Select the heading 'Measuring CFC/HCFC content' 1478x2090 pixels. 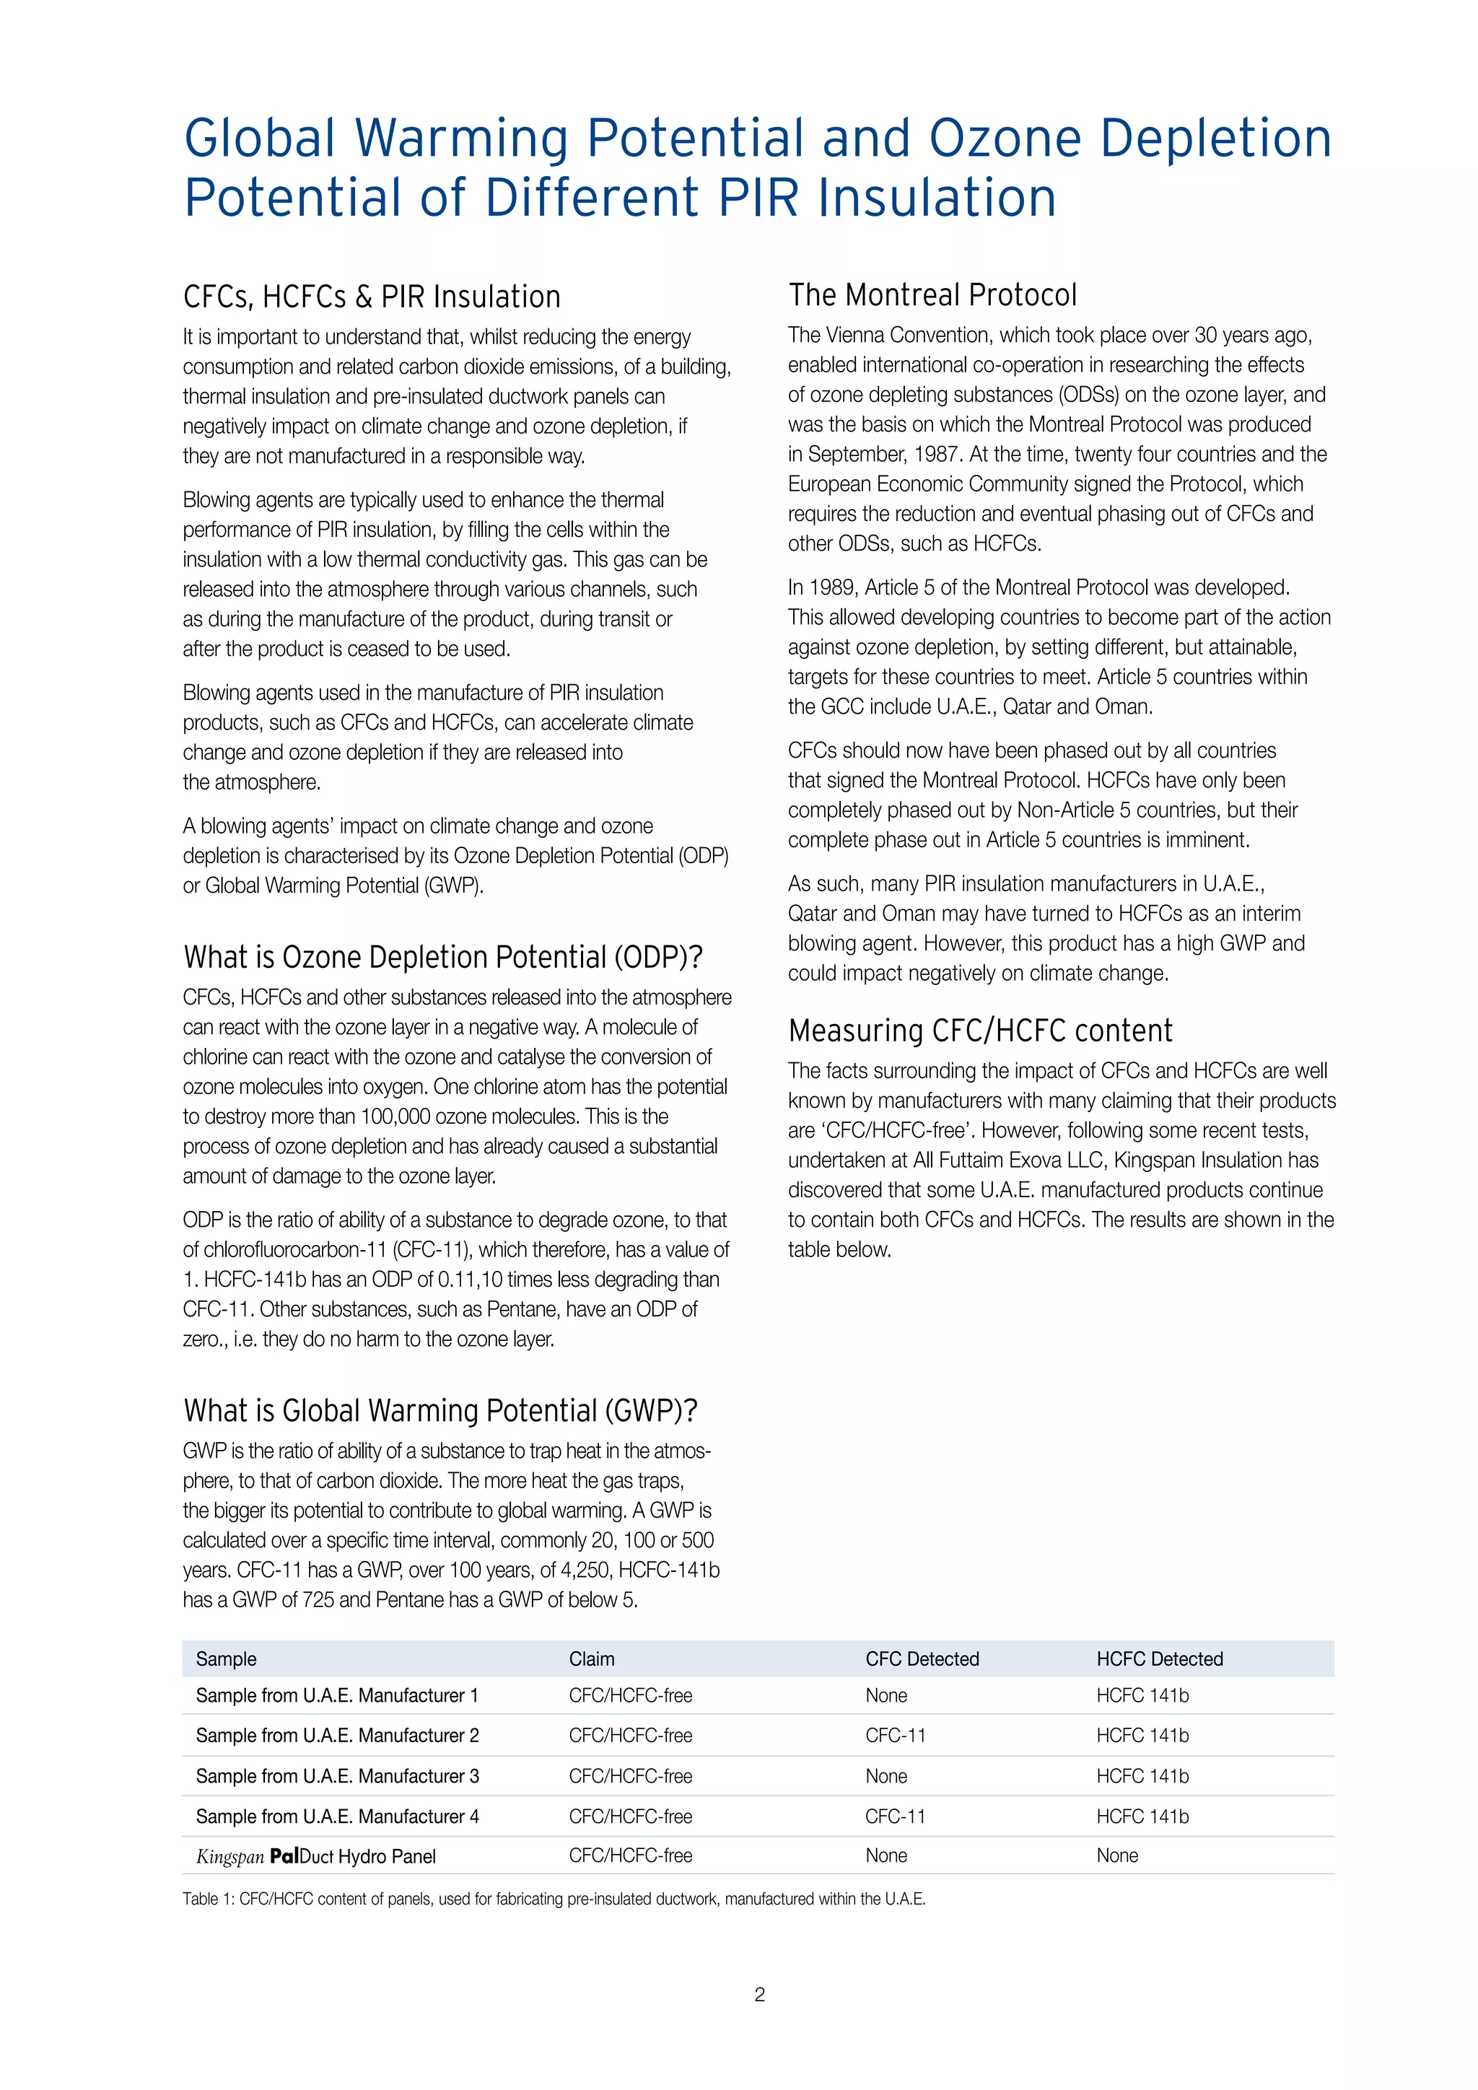pyautogui.click(x=980, y=1031)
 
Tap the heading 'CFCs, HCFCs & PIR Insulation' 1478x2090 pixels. pyautogui.click(x=372, y=297)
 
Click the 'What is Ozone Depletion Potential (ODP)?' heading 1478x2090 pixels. pyautogui.click(x=442, y=958)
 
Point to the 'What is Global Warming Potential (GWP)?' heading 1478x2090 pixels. pyautogui.click(x=440, y=1411)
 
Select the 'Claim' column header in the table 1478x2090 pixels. pyautogui.click(x=592, y=1659)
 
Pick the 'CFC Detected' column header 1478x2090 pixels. pyautogui.click(x=922, y=1659)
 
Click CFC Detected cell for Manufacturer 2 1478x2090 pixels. pyautogui.click(x=895, y=1736)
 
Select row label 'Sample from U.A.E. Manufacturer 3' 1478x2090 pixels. pyautogui.click(x=337, y=1776)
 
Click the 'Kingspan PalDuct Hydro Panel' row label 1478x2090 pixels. pyautogui.click(x=316, y=1857)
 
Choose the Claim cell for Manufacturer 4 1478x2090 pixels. pyautogui.click(x=630, y=1817)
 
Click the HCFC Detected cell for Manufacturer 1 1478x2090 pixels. pyautogui.click(x=1142, y=1696)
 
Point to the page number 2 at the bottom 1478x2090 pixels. pyautogui.click(x=760, y=1995)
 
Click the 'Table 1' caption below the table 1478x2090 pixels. pyautogui.click(x=554, y=1899)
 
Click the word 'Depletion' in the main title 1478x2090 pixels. pyautogui.click(x=1216, y=139)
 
